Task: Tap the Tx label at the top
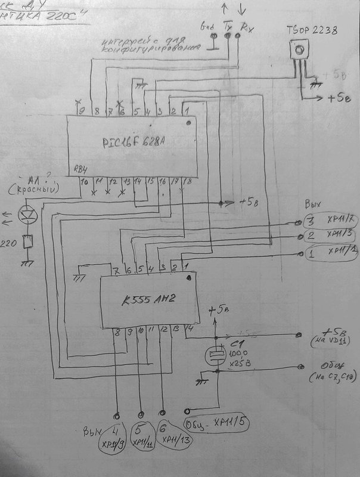coord(227,26)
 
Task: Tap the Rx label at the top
coord(244,26)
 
